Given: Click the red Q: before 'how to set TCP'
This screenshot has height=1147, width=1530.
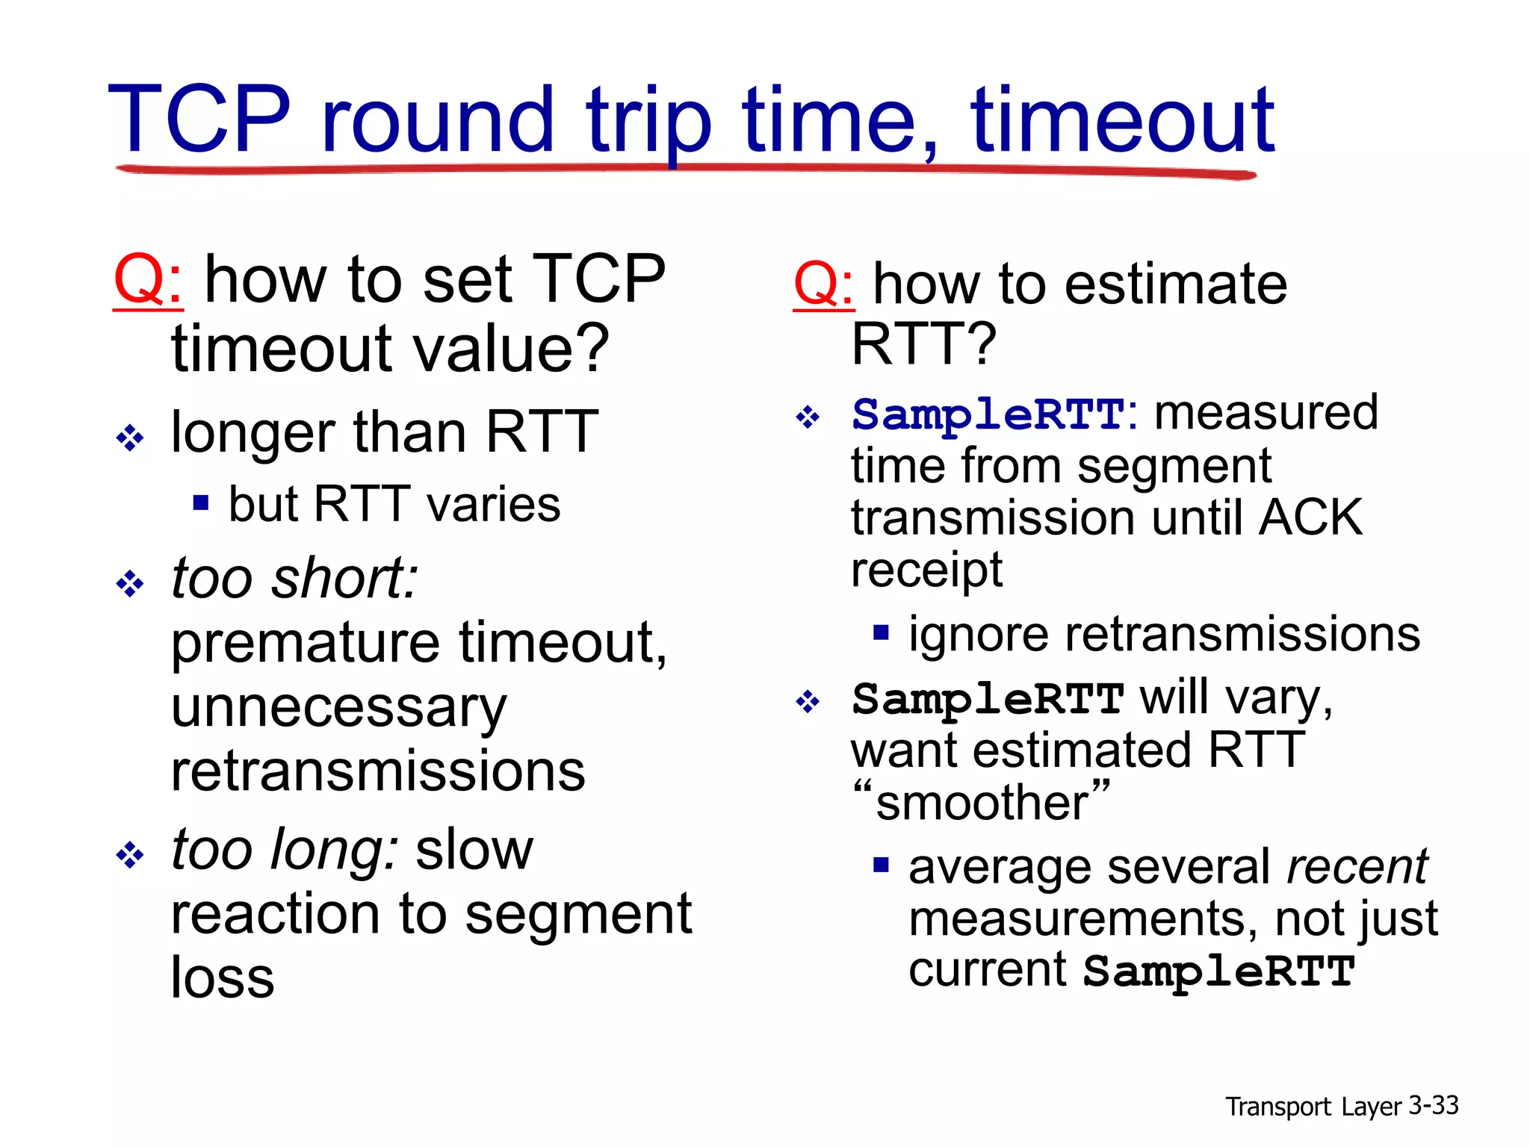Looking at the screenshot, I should tap(148, 279).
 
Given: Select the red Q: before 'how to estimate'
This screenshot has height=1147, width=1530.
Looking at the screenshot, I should tap(823, 285).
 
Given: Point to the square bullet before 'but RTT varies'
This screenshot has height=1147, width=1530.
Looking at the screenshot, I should tap(200, 502).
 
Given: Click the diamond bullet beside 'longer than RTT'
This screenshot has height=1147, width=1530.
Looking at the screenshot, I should tap(130, 437).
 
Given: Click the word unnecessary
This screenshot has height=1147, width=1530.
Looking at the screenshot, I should tap(338, 708).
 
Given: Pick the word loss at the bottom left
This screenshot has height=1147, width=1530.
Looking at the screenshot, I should tap(222, 977).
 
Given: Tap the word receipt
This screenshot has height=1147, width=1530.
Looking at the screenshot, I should tap(926, 571).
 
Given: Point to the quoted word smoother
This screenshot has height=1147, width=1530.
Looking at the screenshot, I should tap(981, 803).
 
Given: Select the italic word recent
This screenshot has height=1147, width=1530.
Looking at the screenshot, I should tap(1356, 867).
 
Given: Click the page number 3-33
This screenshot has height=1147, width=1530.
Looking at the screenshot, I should tap(1433, 1105).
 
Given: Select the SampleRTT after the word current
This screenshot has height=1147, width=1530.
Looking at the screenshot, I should tap(1218, 971).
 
